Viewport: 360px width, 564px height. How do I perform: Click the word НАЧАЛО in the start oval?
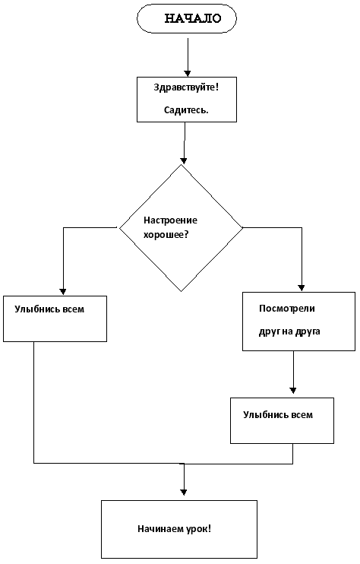(193, 19)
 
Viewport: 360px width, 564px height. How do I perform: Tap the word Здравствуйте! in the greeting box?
(186, 87)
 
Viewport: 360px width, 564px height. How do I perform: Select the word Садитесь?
(186, 110)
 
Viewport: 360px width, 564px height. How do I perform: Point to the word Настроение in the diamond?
(170, 220)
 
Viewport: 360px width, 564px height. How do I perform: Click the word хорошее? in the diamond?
(166, 235)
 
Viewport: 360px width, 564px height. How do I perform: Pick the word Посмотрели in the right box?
(286, 309)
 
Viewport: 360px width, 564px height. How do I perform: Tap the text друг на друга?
(289, 331)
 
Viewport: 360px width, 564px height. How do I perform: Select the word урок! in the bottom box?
(199, 529)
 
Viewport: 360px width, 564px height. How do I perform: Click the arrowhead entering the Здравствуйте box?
(187, 74)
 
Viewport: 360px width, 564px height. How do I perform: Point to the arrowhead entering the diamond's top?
(184, 161)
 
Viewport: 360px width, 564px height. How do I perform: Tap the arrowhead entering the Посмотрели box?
(302, 288)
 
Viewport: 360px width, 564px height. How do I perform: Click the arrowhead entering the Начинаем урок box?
(184, 493)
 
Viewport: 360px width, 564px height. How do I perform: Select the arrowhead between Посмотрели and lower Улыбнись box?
(293, 391)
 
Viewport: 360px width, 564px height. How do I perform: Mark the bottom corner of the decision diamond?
(181, 291)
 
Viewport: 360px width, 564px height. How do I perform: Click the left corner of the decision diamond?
(119, 228)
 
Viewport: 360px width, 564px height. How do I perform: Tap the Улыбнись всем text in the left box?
(49, 309)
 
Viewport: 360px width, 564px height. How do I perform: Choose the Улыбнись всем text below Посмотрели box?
(278, 415)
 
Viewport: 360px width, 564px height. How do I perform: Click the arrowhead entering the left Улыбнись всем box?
(63, 292)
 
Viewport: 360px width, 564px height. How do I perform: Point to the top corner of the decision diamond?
(182, 165)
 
